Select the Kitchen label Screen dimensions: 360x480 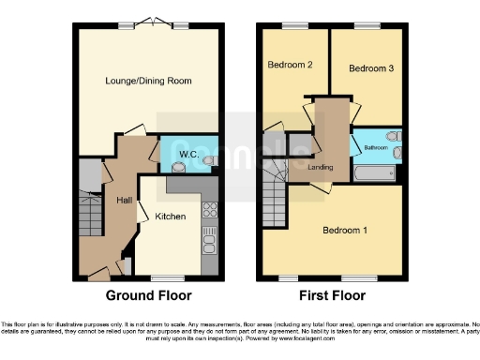click(171, 217)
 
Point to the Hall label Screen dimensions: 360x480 click(124, 201)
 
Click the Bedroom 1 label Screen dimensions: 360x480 click(346, 231)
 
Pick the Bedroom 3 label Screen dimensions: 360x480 click(371, 68)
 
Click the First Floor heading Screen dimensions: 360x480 click(332, 295)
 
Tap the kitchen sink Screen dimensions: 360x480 click(209, 242)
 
